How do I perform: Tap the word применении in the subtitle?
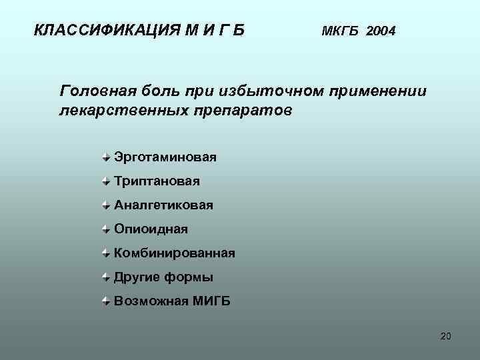coord(374,91)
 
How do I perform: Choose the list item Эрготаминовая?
coord(165,157)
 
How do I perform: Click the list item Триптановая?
coord(157,181)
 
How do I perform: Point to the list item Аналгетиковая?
coord(163,205)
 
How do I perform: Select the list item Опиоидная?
coord(151,229)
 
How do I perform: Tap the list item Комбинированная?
coord(174,253)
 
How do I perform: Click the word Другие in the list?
coord(136,277)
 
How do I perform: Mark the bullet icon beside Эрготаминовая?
coord(107,157)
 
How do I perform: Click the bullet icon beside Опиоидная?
coord(107,229)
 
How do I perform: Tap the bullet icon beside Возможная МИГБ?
coord(107,301)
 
